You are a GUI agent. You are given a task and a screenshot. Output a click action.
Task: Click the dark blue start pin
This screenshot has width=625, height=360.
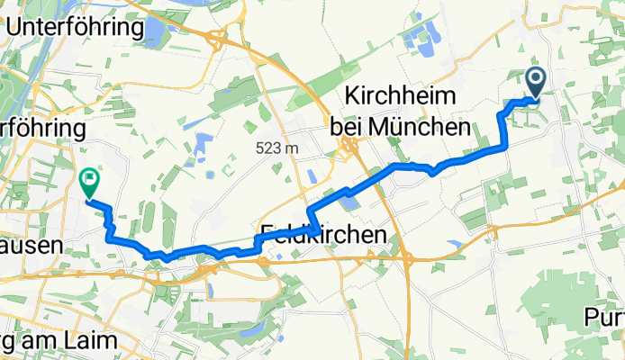[x=535, y=83]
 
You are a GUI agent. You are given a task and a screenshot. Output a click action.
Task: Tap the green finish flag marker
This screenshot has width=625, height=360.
[x=89, y=183]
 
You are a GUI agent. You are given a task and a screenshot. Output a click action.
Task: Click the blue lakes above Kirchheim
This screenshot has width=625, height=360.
[x=418, y=38]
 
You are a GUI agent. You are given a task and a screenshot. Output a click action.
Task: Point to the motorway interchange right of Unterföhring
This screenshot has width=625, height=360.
[x=215, y=40]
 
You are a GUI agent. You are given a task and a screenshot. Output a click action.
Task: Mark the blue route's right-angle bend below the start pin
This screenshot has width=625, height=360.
[x=503, y=145]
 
